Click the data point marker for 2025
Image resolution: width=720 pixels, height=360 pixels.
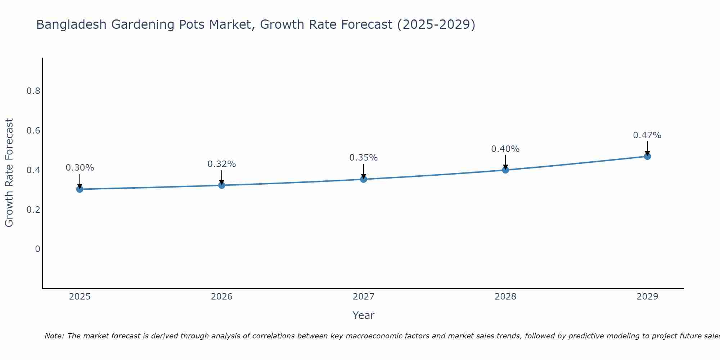pyautogui.click(x=80, y=189)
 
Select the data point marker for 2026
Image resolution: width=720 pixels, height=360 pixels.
pyautogui.click(x=221, y=185)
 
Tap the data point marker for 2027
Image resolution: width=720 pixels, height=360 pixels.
pyautogui.click(x=363, y=179)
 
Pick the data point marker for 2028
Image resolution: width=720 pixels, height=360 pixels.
pyautogui.click(x=505, y=170)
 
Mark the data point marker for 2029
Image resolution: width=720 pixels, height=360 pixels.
pyautogui.click(x=647, y=156)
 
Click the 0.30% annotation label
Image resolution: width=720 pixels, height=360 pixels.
pyautogui.click(x=80, y=168)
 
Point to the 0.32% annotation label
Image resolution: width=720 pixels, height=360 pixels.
pyautogui.click(x=221, y=164)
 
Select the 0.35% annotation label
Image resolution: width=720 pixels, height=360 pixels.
pyautogui.click(x=363, y=158)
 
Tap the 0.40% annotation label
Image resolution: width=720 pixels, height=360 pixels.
pyautogui.click(x=505, y=149)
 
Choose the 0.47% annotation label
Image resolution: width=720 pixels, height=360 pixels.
pyautogui.click(x=647, y=135)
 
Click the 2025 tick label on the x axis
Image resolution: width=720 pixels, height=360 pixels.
pyautogui.click(x=80, y=297)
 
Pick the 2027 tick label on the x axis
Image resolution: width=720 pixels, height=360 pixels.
pyautogui.click(x=363, y=297)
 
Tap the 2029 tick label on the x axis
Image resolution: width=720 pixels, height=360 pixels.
pyautogui.click(x=647, y=297)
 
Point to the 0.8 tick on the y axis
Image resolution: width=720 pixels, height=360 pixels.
pyautogui.click(x=33, y=91)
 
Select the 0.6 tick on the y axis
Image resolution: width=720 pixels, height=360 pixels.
pyautogui.click(x=33, y=130)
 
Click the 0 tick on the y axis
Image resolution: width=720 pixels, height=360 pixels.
pyautogui.click(x=37, y=249)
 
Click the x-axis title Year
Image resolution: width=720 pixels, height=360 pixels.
pyautogui.click(x=363, y=315)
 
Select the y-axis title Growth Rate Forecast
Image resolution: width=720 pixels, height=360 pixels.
pyautogui.click(x=9, y=172)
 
